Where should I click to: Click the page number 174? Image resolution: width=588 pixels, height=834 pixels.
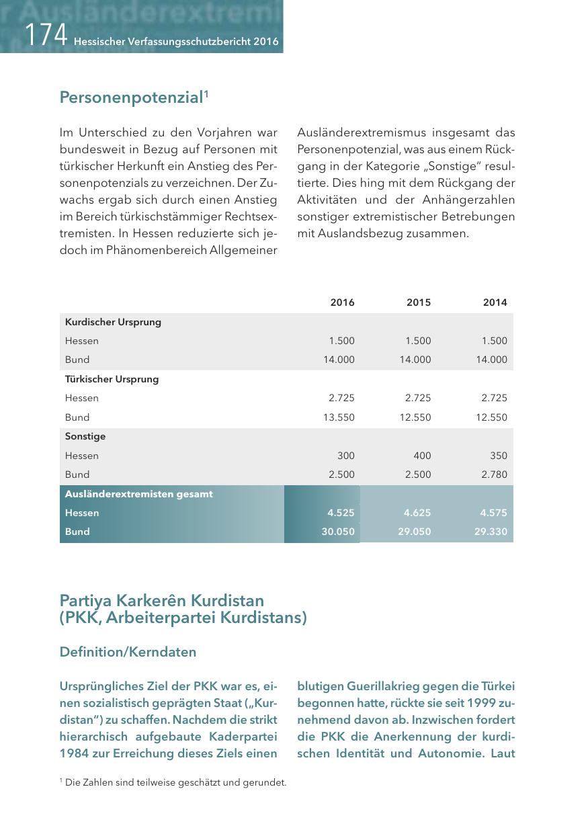46,34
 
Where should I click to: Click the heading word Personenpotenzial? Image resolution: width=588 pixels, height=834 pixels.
131,98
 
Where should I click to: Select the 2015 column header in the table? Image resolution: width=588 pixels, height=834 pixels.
419,302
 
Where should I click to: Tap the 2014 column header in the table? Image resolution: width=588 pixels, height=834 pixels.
495,302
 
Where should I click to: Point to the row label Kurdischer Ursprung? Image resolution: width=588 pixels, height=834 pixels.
113,322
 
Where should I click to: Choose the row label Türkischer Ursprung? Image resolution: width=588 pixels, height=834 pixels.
112,379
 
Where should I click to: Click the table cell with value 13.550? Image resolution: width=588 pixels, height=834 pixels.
339,417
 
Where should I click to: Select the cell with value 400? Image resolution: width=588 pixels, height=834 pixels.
423,456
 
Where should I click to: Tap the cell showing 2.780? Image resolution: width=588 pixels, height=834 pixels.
494,474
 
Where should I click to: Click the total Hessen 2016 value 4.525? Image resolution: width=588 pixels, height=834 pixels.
341,513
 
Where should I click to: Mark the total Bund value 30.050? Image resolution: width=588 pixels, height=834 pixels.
339,532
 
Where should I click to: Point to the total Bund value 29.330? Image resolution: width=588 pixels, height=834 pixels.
492,532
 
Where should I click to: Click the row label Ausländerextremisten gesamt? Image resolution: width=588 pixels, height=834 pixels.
138,494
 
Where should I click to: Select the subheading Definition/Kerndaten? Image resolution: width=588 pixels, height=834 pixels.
128,652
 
